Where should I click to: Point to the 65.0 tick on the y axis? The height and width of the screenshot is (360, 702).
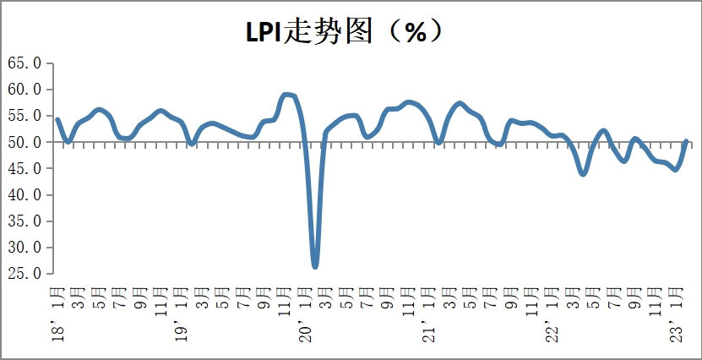24,63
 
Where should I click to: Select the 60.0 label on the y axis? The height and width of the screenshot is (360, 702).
24,90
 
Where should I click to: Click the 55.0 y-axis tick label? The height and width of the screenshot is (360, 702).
24,116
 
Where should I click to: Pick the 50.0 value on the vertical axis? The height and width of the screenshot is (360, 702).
24,142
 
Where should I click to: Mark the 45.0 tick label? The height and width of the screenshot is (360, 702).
24,168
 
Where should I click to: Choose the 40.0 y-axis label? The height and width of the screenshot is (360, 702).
24,194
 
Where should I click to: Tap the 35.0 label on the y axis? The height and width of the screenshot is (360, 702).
24,221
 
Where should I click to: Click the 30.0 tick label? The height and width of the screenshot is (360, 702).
24,248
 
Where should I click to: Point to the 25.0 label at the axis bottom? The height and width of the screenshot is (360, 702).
24,274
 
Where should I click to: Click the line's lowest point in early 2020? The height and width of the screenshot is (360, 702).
315,266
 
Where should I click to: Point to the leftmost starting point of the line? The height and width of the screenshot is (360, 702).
57,119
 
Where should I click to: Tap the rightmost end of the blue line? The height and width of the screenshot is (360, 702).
686,141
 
